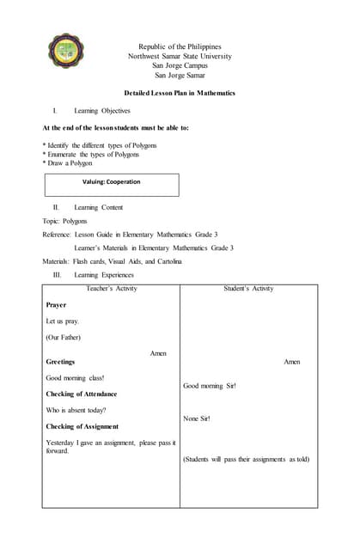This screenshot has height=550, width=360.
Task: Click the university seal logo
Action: [65, 52]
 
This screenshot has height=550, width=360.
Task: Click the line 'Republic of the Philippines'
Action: [180, 46]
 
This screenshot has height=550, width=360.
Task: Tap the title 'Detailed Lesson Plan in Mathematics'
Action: [180, 93]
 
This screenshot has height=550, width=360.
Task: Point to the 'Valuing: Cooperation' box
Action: [112, 184]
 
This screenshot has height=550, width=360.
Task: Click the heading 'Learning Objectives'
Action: [102, 111]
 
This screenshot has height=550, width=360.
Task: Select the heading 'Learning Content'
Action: [98, 207]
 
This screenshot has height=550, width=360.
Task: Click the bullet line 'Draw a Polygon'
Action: [70, 163]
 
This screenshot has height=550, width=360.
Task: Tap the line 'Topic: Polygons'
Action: [64, 221]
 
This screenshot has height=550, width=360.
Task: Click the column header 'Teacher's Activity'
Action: [113, 289]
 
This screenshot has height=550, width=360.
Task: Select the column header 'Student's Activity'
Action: [248, 289]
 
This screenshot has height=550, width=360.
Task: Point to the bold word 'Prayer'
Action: [56, 305]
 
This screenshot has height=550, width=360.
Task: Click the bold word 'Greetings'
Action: [60, 362]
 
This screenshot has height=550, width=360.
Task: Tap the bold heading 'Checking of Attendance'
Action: [81, 394]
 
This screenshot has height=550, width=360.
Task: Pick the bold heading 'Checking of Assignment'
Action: [82, 426]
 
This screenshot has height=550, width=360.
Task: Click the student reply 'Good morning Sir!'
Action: [210, 386]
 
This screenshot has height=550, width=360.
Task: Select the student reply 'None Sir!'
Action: [197, 419]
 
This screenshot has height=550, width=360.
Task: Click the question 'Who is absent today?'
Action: [76, 410]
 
